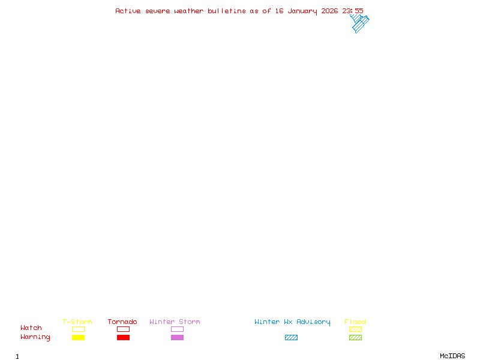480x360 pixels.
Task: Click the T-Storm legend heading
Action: click(77, 322)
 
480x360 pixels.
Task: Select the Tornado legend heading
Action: click(122, 322)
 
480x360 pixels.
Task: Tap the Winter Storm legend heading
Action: click(175, 322)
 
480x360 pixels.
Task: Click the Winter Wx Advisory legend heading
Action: click(292, 322)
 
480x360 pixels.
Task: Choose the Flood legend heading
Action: click(355, 322)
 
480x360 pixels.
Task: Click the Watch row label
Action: click(31, 328)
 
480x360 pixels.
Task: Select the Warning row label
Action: click(35, 337)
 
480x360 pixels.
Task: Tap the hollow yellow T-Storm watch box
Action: click(78, 329)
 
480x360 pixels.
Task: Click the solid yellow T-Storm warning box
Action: click(78, 337)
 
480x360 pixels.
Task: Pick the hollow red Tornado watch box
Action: click(123, 329)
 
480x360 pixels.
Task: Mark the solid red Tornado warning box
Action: click(123, 337)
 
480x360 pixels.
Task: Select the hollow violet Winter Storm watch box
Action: click(177, 329)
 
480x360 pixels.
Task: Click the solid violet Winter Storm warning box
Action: click(177, 337)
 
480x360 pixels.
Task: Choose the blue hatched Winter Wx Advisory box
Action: click(291, 337)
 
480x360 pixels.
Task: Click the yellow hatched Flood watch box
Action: click(355, 329)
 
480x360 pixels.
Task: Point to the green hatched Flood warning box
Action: click(355, 337)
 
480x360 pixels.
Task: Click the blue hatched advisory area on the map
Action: click(359, 25)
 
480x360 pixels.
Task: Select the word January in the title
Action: click(303, 11)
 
